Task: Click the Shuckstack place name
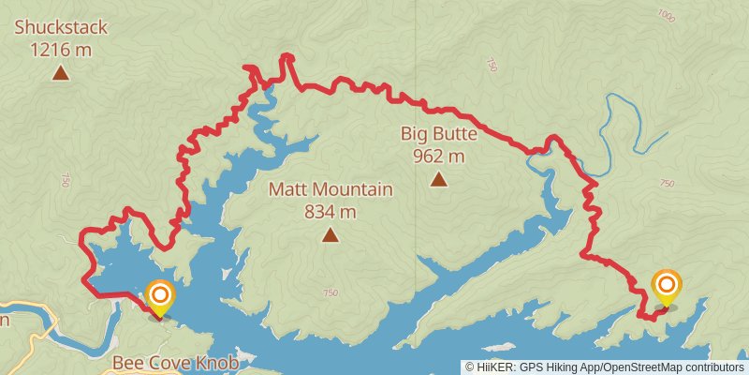(61, 27)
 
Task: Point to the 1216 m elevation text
(61, 50)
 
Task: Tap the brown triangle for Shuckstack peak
(61, 72)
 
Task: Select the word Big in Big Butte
(416, 133)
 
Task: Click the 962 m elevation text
(439, 156)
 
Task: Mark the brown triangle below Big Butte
(439, 178)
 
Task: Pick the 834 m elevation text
(330, 212)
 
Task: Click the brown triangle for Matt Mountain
(330, 234)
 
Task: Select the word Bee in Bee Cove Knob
(127, 362)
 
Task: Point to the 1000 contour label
(667, 15)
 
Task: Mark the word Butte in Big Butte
(455, 133)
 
